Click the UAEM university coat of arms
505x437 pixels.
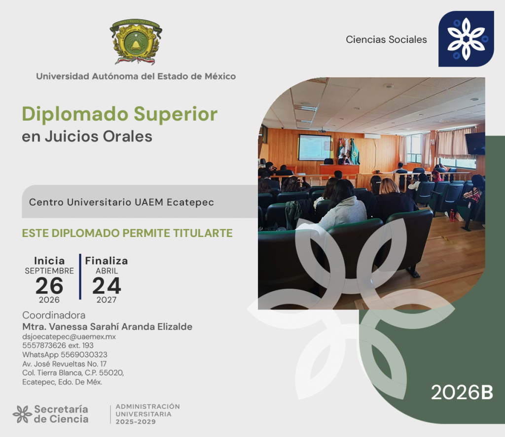[136, 41]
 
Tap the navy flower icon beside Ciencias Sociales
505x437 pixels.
[466, 39]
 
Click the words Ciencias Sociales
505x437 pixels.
[386, 39]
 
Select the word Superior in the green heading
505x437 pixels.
[176, 115]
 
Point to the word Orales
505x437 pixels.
[128, 136]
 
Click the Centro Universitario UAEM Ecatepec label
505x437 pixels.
[121, 202]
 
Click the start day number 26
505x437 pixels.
[49, 286]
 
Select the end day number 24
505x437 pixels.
[107, 286]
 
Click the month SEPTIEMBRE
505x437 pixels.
[49, 271]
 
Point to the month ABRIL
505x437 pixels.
[107, 271]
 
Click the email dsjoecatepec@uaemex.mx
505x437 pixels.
[69, 336]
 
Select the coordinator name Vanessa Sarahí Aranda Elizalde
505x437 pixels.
[121, 327]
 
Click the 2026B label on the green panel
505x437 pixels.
[462, 392]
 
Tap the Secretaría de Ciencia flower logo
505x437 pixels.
[22, 414]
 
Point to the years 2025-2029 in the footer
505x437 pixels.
[136, 422]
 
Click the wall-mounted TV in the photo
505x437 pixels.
[475, 143]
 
